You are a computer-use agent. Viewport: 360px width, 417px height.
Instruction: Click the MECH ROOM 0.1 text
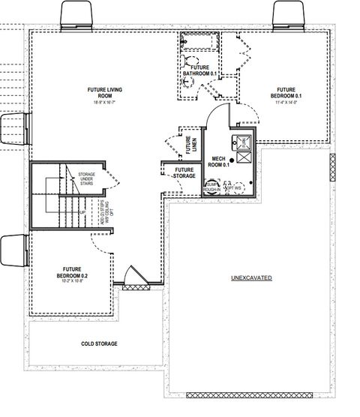[x=220, y=162]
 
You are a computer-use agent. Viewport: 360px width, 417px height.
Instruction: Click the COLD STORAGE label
[x=100, y=343]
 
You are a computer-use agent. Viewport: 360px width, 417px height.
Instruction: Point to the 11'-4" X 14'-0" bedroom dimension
[x=288, y=103]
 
